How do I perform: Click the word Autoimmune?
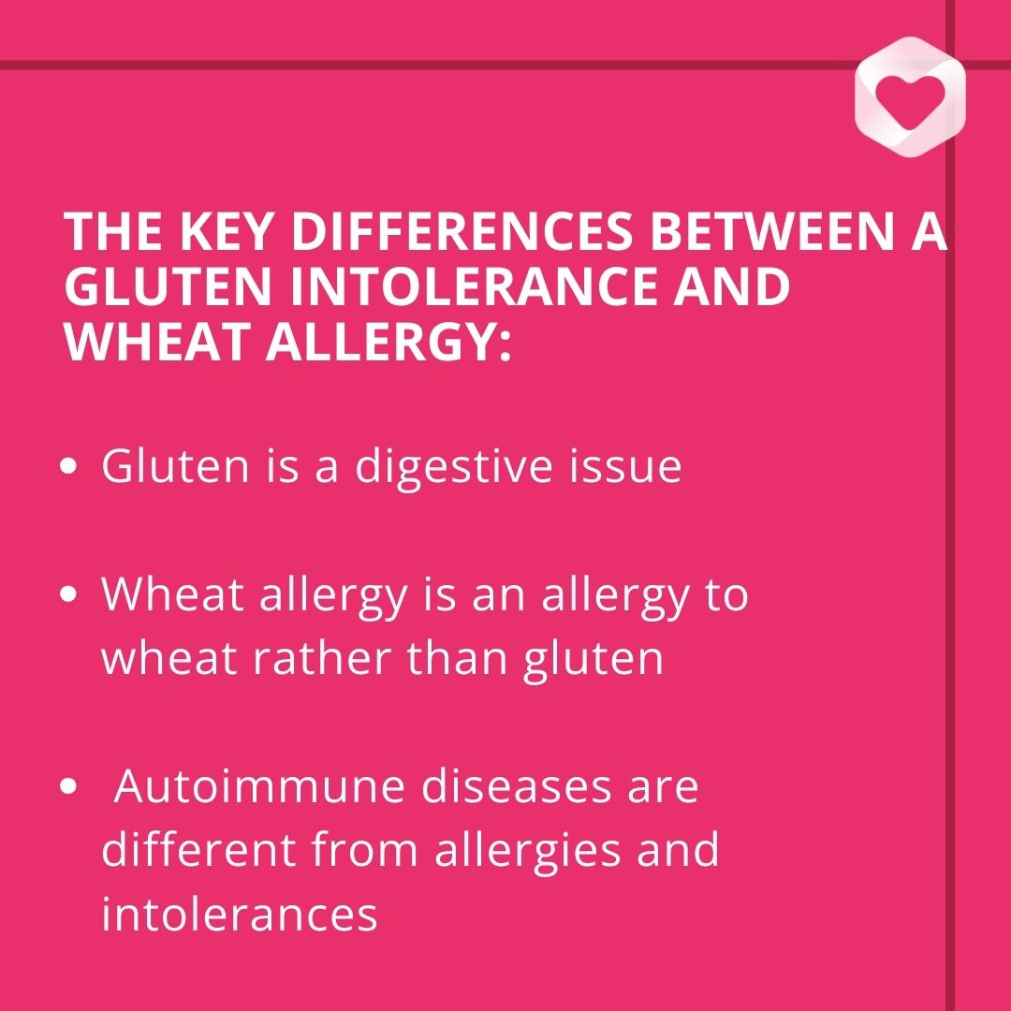coord(258,785)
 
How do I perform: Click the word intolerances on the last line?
coord(240,914)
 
